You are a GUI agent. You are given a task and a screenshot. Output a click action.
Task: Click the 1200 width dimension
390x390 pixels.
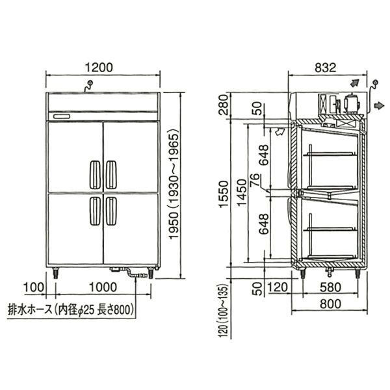point(99,68)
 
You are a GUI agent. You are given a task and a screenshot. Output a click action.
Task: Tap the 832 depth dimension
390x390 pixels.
point(326,68)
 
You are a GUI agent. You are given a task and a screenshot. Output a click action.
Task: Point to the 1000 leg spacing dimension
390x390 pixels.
point(103,287)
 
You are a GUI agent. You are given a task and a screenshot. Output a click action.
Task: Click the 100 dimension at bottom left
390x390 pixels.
point(34,287)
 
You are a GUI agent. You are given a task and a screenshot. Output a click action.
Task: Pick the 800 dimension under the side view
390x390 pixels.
point(330,304)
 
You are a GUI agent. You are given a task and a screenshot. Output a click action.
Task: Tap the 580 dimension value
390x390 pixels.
point(330,287)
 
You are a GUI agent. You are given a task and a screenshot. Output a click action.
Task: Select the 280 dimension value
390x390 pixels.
point(224,105)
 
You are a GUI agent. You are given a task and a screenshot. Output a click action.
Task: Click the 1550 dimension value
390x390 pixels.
point(224,194)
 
